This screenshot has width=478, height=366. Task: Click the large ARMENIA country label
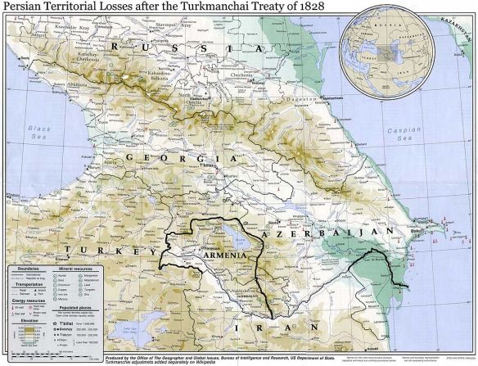pos(220,256)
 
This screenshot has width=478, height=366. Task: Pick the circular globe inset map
pos(387,48)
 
